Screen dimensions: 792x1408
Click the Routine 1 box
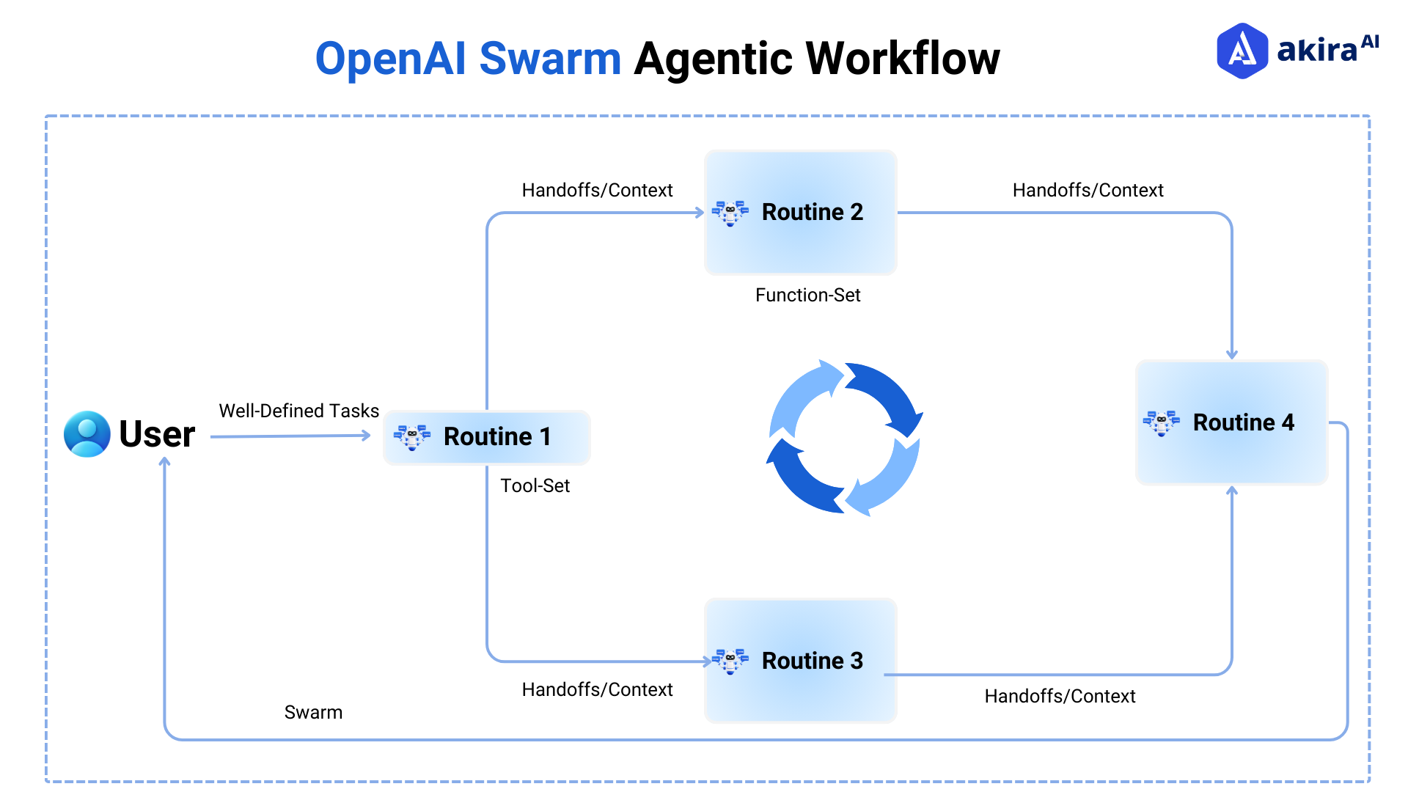coord(487,437)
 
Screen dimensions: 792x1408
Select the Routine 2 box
coord(800,213)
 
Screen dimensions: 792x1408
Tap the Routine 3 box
coord(800,661)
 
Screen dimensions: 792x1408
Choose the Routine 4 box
coord(1231,422)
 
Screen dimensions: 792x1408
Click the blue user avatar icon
coord(87,434)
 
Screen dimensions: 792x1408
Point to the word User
coord(157,434)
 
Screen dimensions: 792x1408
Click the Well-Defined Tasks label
coord(298,411)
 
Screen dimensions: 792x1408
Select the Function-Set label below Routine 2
coord(807,295)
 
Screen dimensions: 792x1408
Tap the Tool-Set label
coord(535,485)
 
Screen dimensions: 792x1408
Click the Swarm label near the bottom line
coord(313,712)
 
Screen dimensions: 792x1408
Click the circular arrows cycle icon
coord(844,438)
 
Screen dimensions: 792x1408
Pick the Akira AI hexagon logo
coord(1242,51)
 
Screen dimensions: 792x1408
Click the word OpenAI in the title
coord(390,59)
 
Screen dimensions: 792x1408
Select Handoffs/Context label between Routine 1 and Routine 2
coord(597,191)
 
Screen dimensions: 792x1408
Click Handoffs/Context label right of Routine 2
coord(1088,191)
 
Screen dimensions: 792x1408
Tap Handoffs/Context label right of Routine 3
coord(1060,696)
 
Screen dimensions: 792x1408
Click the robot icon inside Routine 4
coord(1161,422)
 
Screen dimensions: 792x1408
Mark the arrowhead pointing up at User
coord(165,462)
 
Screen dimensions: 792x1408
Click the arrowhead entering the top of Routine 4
coord(1232,355)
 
